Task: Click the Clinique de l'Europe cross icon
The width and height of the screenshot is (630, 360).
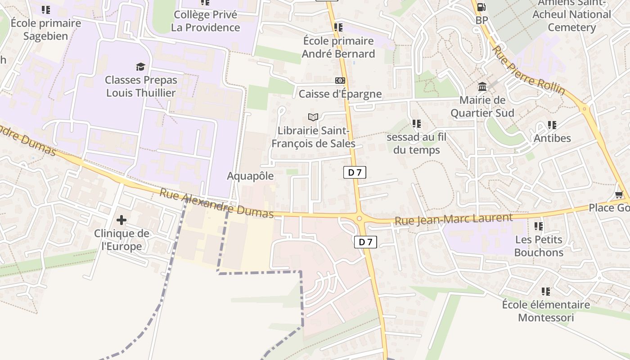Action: click(x=121, y=220)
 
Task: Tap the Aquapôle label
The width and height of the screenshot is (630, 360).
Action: click(x=250, y=176)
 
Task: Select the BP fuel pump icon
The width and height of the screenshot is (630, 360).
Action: click(x=481, y=7)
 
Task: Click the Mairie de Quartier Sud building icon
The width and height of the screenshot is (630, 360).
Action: click(x=482, y=86)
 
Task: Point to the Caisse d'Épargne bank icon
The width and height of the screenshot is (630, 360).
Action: click(x=340, y=81)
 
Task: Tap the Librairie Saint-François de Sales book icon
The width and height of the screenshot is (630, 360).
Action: click(x=313, y=117)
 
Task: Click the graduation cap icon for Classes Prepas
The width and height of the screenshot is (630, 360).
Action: click(x=141, y=67)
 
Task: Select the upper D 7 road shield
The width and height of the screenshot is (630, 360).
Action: click(x=355, y=172)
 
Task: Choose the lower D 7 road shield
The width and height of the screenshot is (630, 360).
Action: click(x=365, y=242)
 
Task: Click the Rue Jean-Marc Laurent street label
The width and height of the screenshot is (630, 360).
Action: click(x=454, y=220)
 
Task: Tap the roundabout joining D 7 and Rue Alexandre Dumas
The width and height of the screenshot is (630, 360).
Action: click(x=359, y=219)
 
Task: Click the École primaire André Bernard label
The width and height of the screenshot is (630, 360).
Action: click(x=338, y=47)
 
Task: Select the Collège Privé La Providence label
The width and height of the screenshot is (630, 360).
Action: click(x=205, y=21)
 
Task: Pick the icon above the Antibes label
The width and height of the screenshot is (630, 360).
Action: click(x=552, y=125)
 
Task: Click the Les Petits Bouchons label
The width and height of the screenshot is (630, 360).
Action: click(x=539, y=246)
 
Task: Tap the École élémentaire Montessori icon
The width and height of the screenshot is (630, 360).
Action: click(x=546, y=292)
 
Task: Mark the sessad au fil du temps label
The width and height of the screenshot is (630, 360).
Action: click(x=417, y=143)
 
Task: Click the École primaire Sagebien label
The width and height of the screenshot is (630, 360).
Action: click(x=45, y=29)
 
